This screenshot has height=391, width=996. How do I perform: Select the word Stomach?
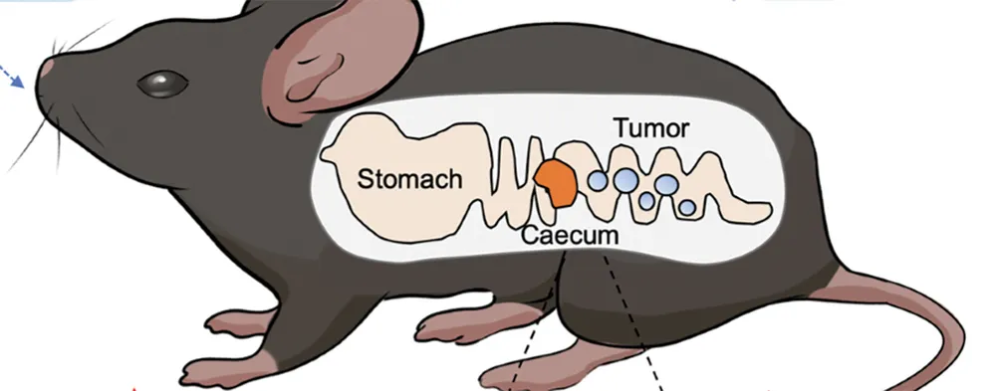pyautogui.click(x=409, y=180)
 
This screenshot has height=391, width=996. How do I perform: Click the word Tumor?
pyautogui.click(x=651, y=128)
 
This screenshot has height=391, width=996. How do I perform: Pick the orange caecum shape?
pyautogui.click(x=556, y=182)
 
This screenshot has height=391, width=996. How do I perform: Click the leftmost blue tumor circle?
pyautogui.click(x=597, y=181)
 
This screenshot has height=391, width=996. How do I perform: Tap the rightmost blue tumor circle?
pyautogui.click(x=687, y=207)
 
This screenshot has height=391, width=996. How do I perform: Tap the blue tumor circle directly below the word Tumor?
pyautogui.click(x=624, y=179)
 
